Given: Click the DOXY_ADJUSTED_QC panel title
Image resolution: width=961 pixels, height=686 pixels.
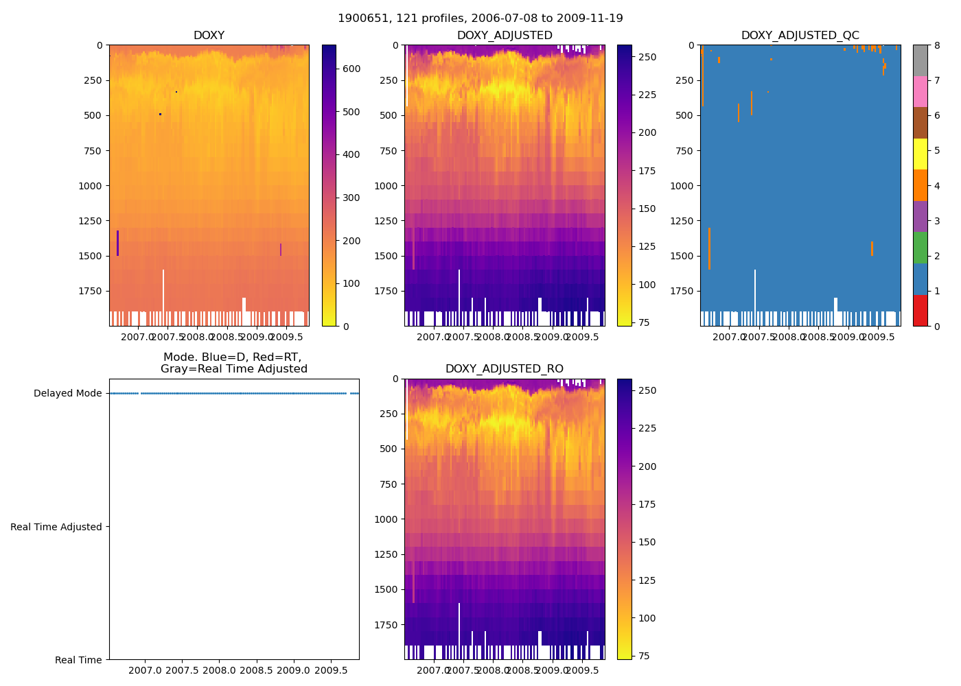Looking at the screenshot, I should (800, 36).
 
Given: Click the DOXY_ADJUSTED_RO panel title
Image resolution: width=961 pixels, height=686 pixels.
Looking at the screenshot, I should (505, 369).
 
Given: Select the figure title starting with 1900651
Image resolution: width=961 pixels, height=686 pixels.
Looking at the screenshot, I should (480, 19).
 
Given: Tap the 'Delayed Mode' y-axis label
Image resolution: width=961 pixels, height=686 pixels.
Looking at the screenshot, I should (67, 394).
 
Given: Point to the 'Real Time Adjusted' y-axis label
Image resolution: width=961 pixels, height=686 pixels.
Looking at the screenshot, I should (56, 527).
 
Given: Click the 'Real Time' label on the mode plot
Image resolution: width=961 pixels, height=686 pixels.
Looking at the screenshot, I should (78, 660).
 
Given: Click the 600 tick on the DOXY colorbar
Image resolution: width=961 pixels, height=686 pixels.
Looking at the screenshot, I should (351, 69).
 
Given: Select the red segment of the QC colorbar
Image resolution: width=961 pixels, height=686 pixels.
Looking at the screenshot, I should (921, 311).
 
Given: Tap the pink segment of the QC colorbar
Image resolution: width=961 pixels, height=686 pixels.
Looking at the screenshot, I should (921, 92).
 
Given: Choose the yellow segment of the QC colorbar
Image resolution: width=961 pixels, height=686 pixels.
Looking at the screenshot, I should (921, 154).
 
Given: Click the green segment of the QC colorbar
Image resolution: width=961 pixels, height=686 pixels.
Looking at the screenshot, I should (921, 248).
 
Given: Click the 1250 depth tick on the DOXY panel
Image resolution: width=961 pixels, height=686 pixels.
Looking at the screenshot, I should (90, 221).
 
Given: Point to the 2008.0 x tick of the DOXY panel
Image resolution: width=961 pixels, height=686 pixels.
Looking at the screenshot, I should (198, 337).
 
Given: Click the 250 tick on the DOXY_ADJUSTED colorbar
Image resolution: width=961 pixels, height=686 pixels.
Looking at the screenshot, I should (647, 58).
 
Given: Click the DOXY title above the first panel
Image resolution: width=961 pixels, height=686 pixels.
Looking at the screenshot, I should (209, 36).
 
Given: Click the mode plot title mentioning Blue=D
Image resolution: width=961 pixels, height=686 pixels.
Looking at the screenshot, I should (233, 363).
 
